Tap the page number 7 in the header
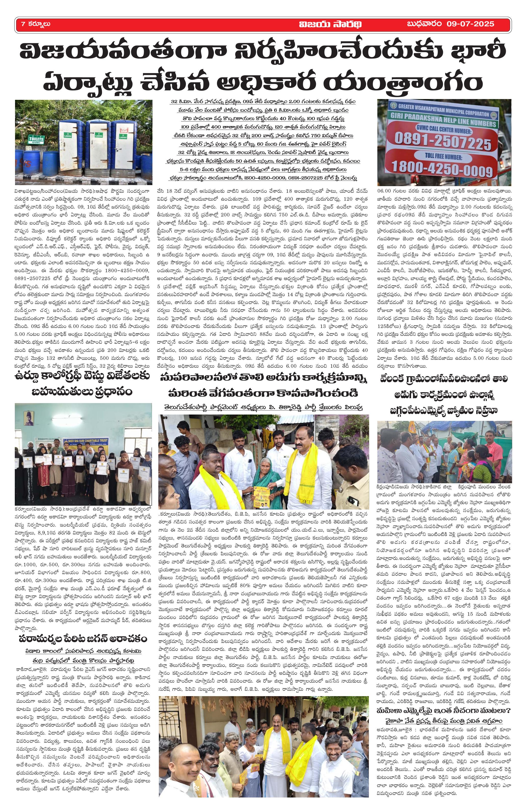(23, 24)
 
